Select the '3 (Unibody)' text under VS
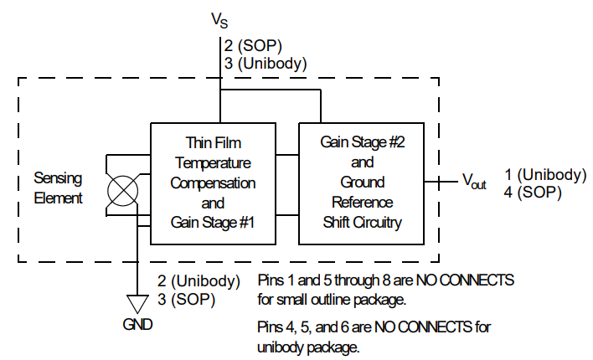coord(266,63)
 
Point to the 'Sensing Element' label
coord(58,188)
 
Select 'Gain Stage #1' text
coord(213,222)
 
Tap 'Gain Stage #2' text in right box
coord(363,141)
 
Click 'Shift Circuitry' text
coord(363,222)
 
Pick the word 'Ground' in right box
coord(363,182)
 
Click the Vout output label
coord(474,181)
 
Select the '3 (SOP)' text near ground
coord(183,299)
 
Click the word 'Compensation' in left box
coord(213,182)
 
